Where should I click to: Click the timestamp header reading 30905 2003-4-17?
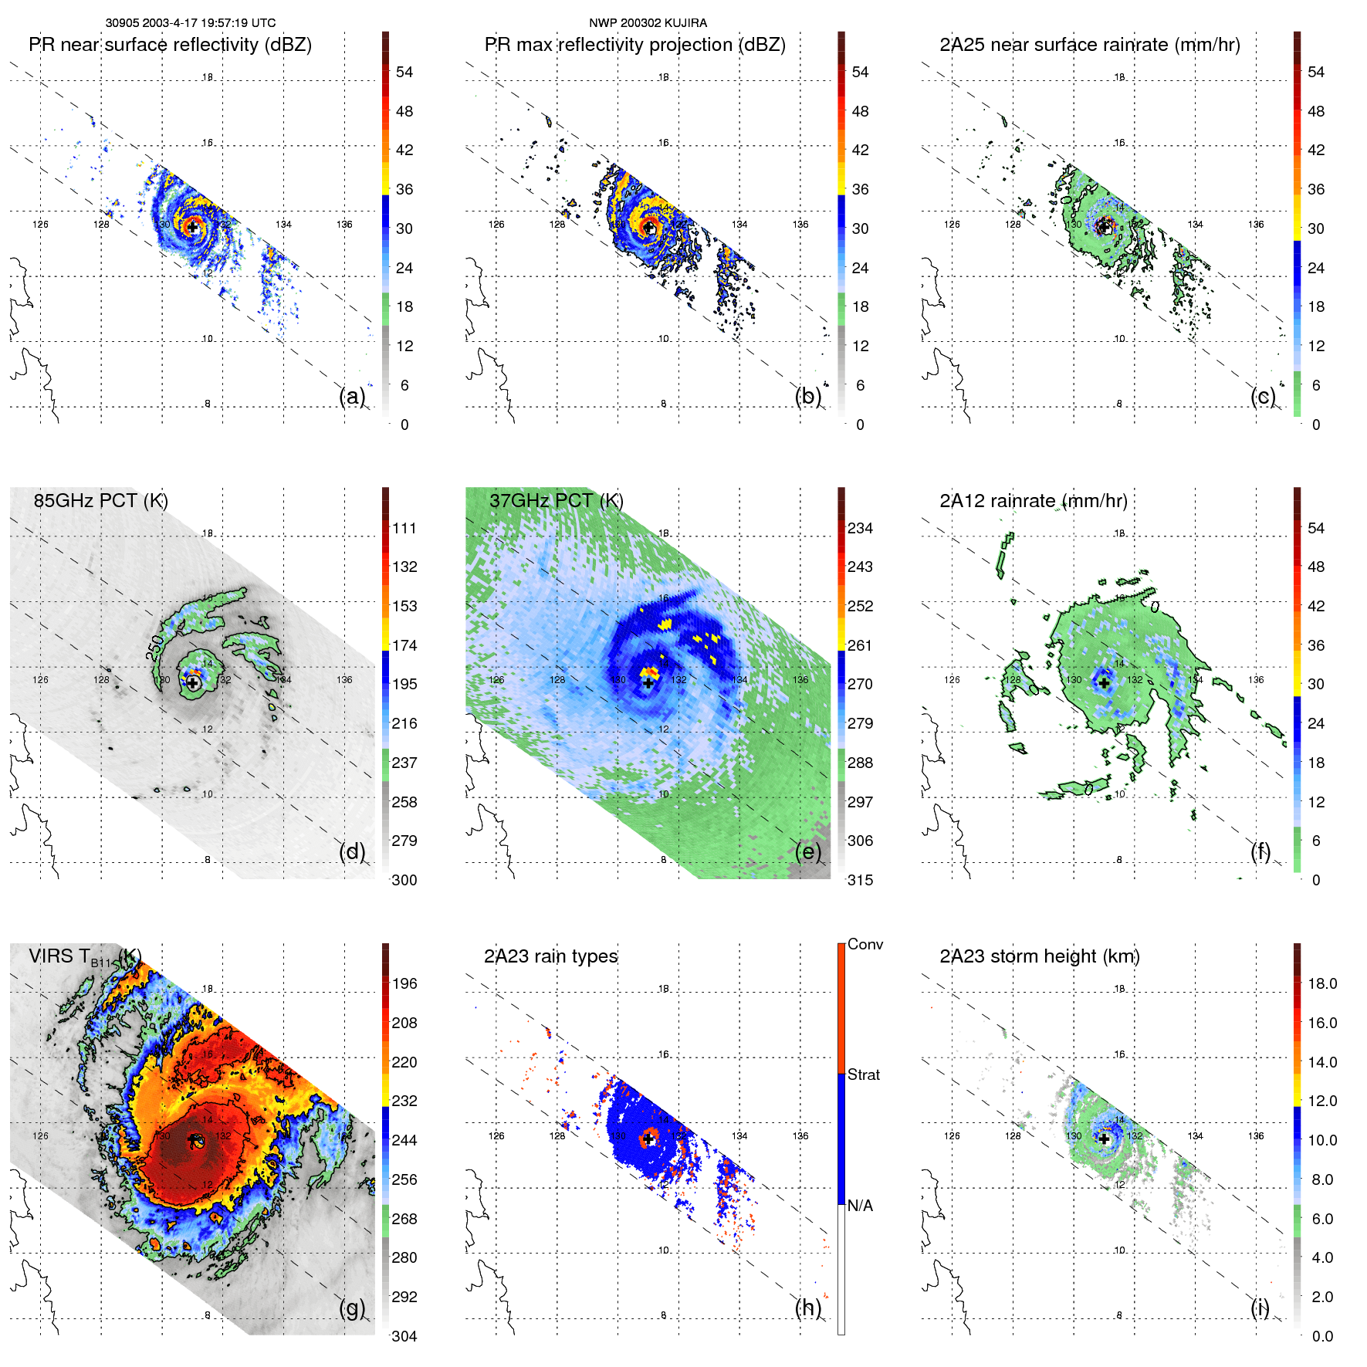click(190, 23)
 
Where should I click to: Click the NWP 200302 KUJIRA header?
click(648, 23)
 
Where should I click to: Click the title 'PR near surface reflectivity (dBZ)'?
click(170, 45)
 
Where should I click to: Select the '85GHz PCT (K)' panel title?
click(100, 500)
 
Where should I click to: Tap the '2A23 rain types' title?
click(550, 956)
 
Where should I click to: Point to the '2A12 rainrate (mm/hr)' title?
click(1033, 500)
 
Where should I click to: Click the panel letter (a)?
click(352, 396)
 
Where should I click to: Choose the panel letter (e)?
click(807, 851)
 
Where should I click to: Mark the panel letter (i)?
click(1260, 1308)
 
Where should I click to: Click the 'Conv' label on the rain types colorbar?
click(865, 944)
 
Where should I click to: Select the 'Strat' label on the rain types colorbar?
click(863, 1074)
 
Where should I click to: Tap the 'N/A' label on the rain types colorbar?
click(860, 1206)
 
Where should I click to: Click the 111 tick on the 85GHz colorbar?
click(404, 528)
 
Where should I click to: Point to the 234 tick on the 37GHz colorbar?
click(860, 528)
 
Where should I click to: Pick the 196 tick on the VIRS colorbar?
click(404, 983)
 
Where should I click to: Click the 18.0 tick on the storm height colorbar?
click(1321, 983)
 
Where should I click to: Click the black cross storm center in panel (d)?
click(192, 683)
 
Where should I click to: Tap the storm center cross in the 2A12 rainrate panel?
click(1104, 683)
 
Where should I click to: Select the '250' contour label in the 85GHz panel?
click(155, 647)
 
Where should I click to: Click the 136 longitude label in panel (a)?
click(344, 225)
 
